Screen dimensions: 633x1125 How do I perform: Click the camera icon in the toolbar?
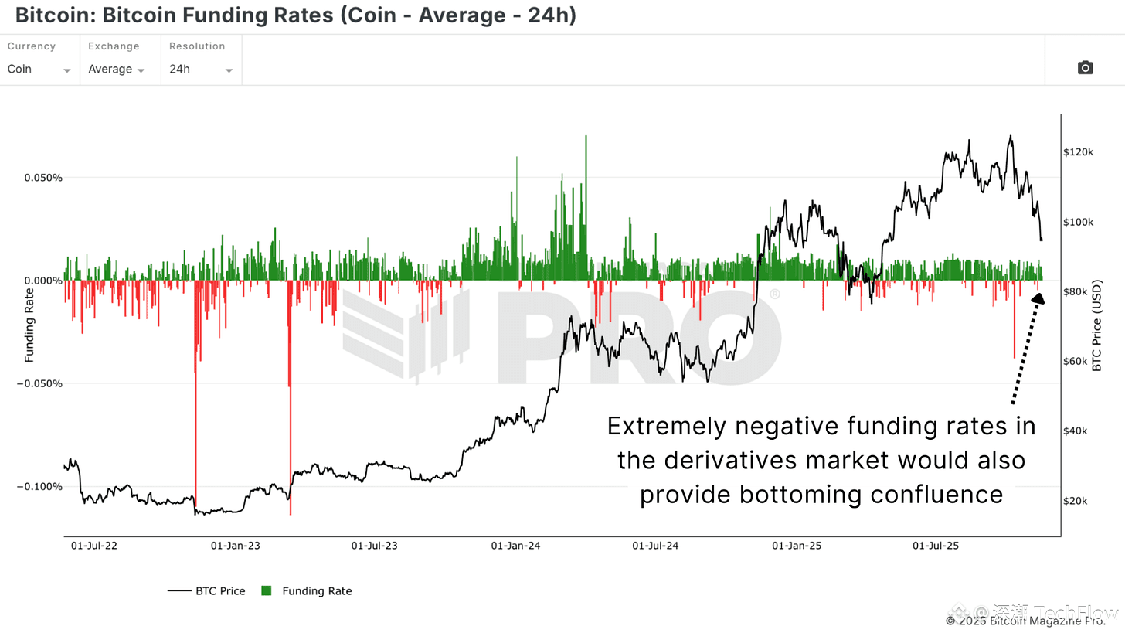click(x=1085, y=68)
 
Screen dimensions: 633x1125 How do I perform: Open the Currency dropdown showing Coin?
click(x=39, y=69)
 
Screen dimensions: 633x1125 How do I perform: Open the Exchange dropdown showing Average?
click(x=117, y=69)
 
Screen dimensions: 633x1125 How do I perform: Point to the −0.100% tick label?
click(x=38, y=487)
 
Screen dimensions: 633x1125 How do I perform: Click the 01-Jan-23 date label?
click(x=235, y=546)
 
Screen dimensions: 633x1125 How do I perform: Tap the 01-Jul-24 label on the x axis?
click(x=655, y=546)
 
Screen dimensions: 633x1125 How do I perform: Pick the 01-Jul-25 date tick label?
click(x=936, y=546)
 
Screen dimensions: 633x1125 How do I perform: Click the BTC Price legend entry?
click(x=206, y=591)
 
